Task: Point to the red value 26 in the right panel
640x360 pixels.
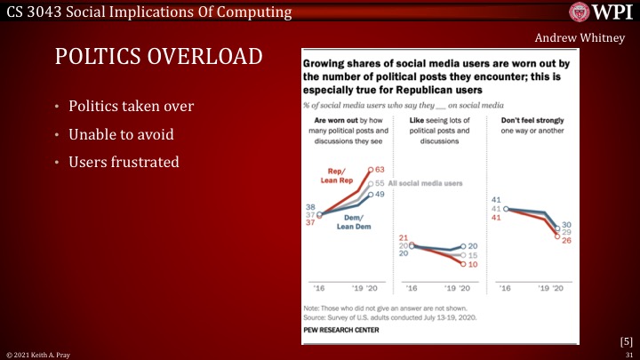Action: click(x=565, y=239)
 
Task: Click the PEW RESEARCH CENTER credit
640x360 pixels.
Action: click(x=342, y=330)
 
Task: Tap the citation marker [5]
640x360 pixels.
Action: click(x=626, y=340)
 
